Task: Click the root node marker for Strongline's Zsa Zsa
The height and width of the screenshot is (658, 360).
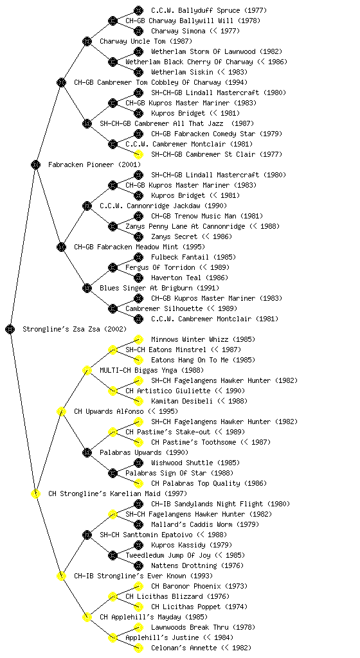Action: (10, 329)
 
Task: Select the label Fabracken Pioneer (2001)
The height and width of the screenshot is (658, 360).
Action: (94, 164)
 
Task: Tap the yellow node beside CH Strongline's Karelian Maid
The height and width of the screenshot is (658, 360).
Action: (35, 493)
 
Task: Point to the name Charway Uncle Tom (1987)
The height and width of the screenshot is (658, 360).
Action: (145, 41)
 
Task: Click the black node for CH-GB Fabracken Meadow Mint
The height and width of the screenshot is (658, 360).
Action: (61, 247)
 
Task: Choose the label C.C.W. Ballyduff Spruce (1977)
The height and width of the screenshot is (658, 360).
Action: (208, 10)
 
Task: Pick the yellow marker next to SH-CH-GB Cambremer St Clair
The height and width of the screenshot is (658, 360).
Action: (138, 154)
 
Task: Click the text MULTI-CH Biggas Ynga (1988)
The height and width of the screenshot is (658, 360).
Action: (152, 370)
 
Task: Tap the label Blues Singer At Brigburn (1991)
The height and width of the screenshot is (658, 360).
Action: (159, 288)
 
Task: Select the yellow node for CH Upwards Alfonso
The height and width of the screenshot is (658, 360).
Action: (61, 411)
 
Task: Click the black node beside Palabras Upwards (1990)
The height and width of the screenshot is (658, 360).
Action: (87, 452)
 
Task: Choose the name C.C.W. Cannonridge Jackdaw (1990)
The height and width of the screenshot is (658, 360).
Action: (163, 206)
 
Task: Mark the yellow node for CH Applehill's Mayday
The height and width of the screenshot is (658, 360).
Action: (87, 617)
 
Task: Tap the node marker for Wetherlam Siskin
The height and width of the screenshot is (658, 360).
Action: (138, 72)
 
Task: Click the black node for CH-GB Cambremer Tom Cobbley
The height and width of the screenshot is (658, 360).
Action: (61, 82)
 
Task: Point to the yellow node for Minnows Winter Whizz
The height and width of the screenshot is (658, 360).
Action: (138, 339)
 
